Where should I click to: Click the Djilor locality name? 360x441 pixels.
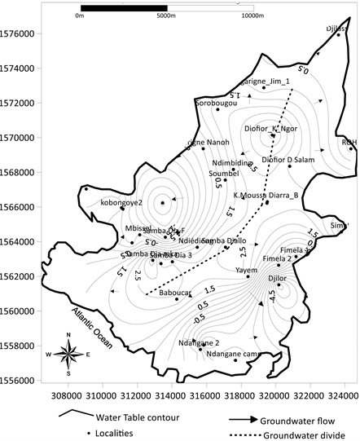[x=279, y=279]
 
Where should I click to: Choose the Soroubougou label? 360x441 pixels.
[x=215, y=104]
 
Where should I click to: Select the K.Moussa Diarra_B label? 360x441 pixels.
[x=266, y=196]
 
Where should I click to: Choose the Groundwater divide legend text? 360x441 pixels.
[x=296, y=434]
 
